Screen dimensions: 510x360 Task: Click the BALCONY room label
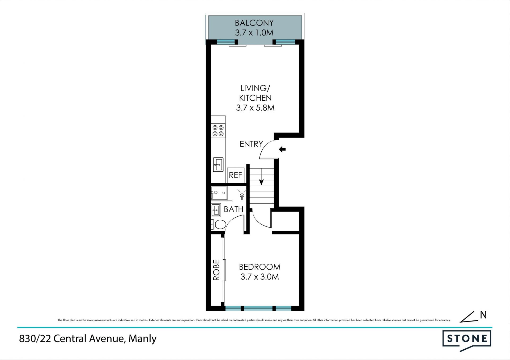click(254, 23)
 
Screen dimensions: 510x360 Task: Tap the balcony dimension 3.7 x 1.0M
click(254, 33)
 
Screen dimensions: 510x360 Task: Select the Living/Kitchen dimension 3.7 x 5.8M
click(255, 108)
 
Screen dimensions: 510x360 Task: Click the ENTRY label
click(251, 144)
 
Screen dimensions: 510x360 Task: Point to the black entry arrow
click(282, 149)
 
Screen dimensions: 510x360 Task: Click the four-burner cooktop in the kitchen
click(218, 131)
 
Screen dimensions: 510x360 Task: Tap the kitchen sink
click(218, 165)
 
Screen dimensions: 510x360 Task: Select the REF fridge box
click(236, 175)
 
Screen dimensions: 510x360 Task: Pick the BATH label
click(233, 209)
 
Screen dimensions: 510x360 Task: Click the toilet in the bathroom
click(218, 225)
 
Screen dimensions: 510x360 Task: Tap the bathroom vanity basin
click(216, 211)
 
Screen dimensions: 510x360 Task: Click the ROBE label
click(216, 270)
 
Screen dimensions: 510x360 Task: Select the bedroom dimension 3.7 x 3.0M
click(260, 277)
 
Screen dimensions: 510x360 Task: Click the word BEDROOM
click(260, 267)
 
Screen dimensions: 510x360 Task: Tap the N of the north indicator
click(483, 315)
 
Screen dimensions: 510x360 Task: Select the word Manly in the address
click(142, 339)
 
